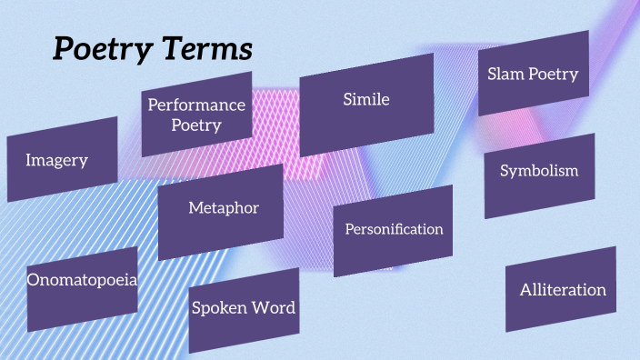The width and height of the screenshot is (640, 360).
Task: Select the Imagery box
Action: click(61, 160)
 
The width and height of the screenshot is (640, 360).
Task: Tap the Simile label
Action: click(365, 99)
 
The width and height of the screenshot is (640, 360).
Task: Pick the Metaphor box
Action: click(224, 208)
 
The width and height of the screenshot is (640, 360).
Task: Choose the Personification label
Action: click(394, 229)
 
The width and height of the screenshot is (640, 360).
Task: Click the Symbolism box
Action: click(539, 171)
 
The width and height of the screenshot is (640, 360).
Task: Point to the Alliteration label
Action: click(563, 290)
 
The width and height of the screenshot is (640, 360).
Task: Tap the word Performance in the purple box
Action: click(197, 105)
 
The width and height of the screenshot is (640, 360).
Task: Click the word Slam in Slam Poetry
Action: click(505, 74)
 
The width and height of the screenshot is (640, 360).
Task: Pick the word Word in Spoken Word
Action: click(275, 308)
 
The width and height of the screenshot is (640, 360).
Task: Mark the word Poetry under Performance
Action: click(196, 125)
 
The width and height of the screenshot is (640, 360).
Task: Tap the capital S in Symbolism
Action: click(505, 171)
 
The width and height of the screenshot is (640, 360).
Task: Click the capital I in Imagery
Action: click(28, 160)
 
